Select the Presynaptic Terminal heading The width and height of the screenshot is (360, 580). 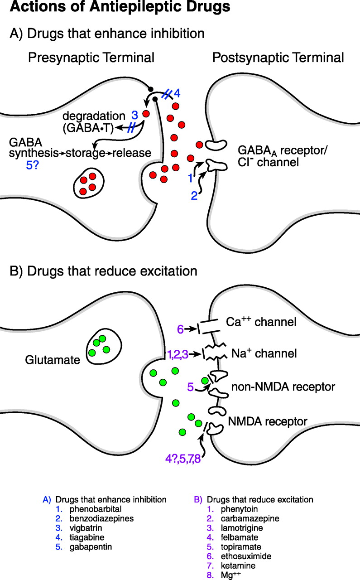coord(91,58)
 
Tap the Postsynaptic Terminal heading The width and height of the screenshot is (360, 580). coord(278,58)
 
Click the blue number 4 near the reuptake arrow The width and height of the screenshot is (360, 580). coord(178,94)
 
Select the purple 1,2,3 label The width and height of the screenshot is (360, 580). coord(177,354)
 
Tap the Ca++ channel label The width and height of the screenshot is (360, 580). coord(261,322)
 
